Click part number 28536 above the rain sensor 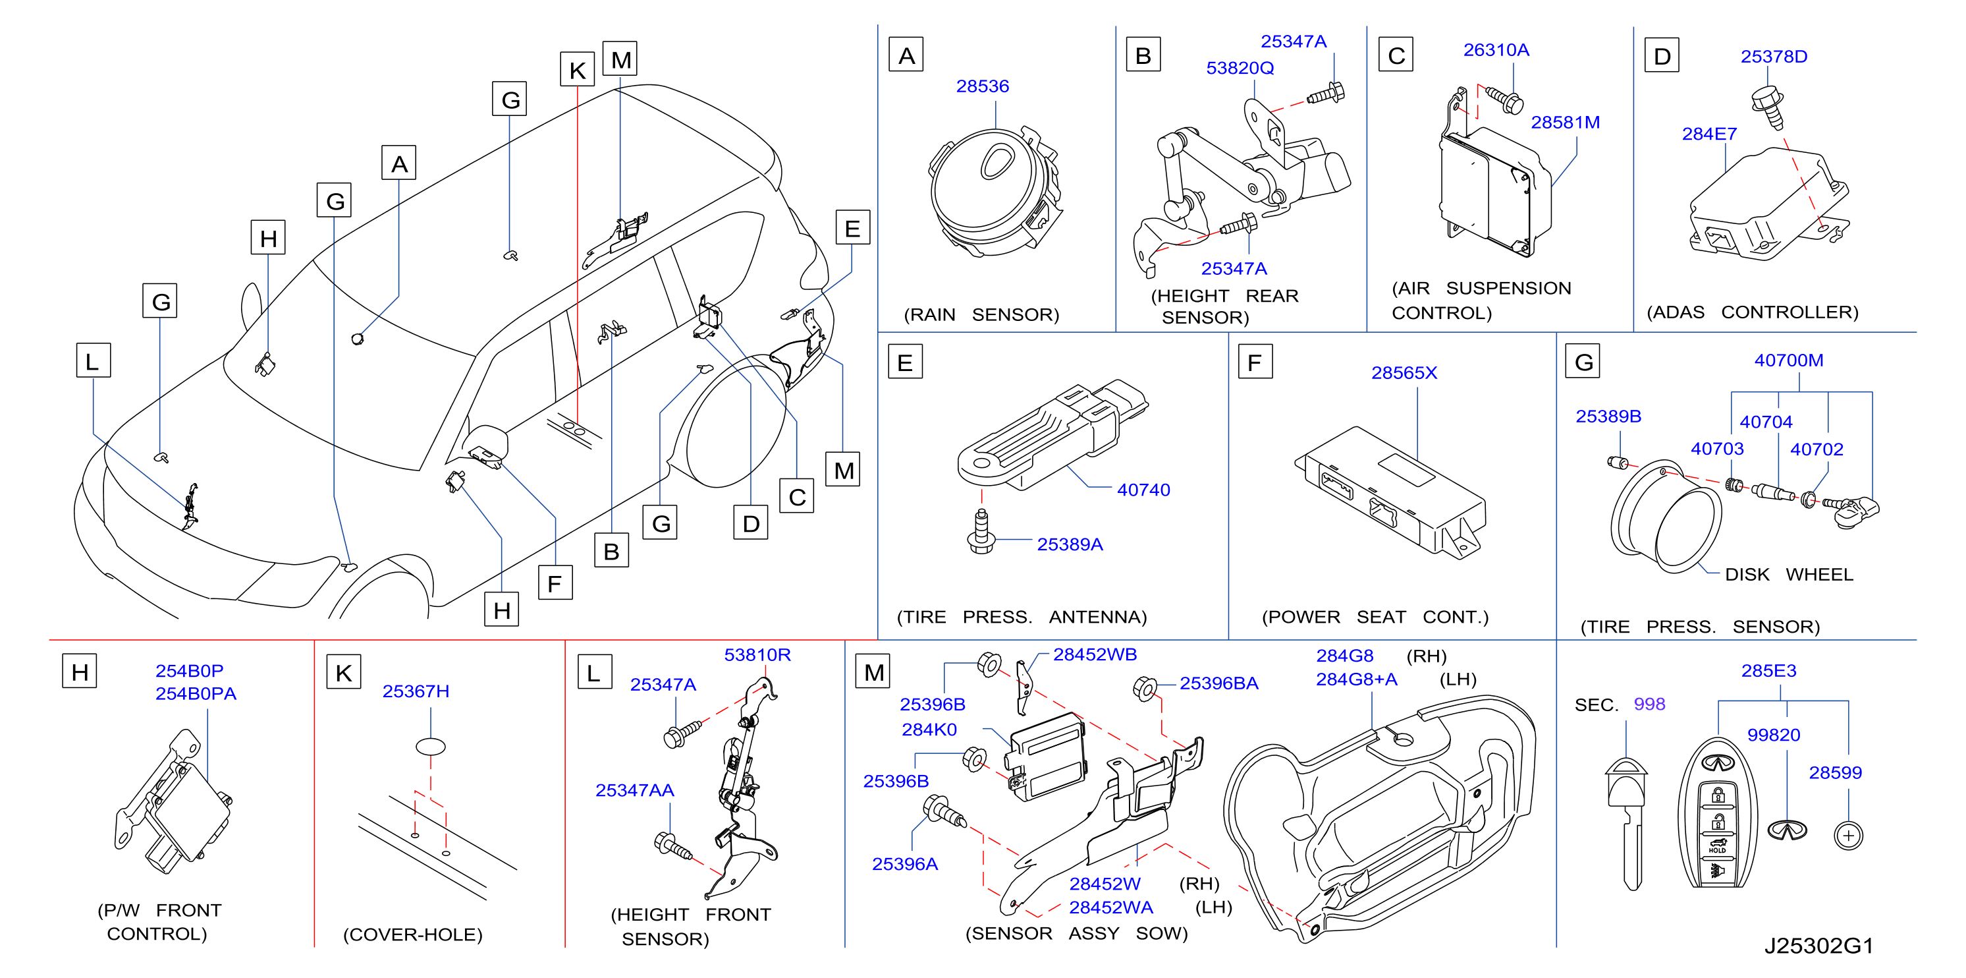pyautogui.click(x=982, y=86)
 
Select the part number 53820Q pyautogui.click(x=1240, y=68)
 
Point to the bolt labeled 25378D pyautogui.click(x=1768, y=107)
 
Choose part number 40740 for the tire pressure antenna pyautogui.click(x=1143, y=490)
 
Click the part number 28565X pyautogui.click(x=1404, y=372)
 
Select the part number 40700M pyautogui.click(x=1788, y=360)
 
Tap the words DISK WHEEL pyautogui.click(x=1788, y=574)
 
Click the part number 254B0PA pyautogui.click(x=196, y=693)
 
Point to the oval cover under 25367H pyautogui.click(x=431, y=747)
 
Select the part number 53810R pyautogui.click(x=757, y=655)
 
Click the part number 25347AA pyautogui.click(x=634, y=790)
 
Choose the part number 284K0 pyautogui.click(x=929, y=730)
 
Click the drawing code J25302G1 pyautogui.click(x=1818, y=946)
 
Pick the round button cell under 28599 pyautogui.click(x=1847, y=835)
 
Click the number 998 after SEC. pyautogui.click(x=1649, y=704)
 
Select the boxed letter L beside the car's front pyautogui.click(x=93, y=360)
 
